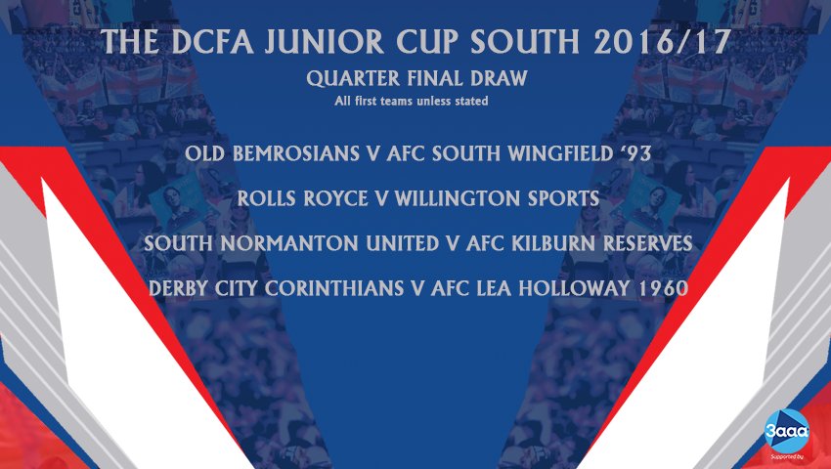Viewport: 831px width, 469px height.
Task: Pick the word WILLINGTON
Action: point(464,198)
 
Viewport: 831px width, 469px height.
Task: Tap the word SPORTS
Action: point(562,198)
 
